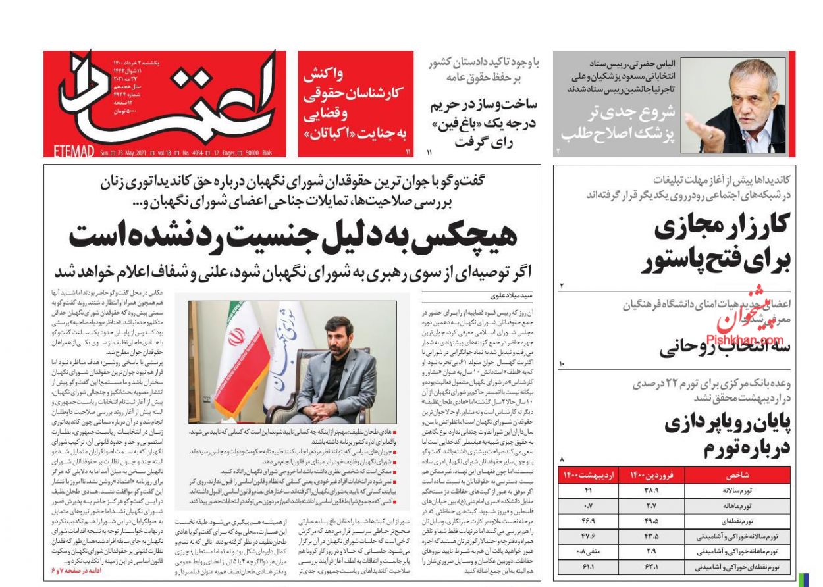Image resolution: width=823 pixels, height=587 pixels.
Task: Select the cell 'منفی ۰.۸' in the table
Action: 571,551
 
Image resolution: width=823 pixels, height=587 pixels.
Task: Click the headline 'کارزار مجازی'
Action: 725,228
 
